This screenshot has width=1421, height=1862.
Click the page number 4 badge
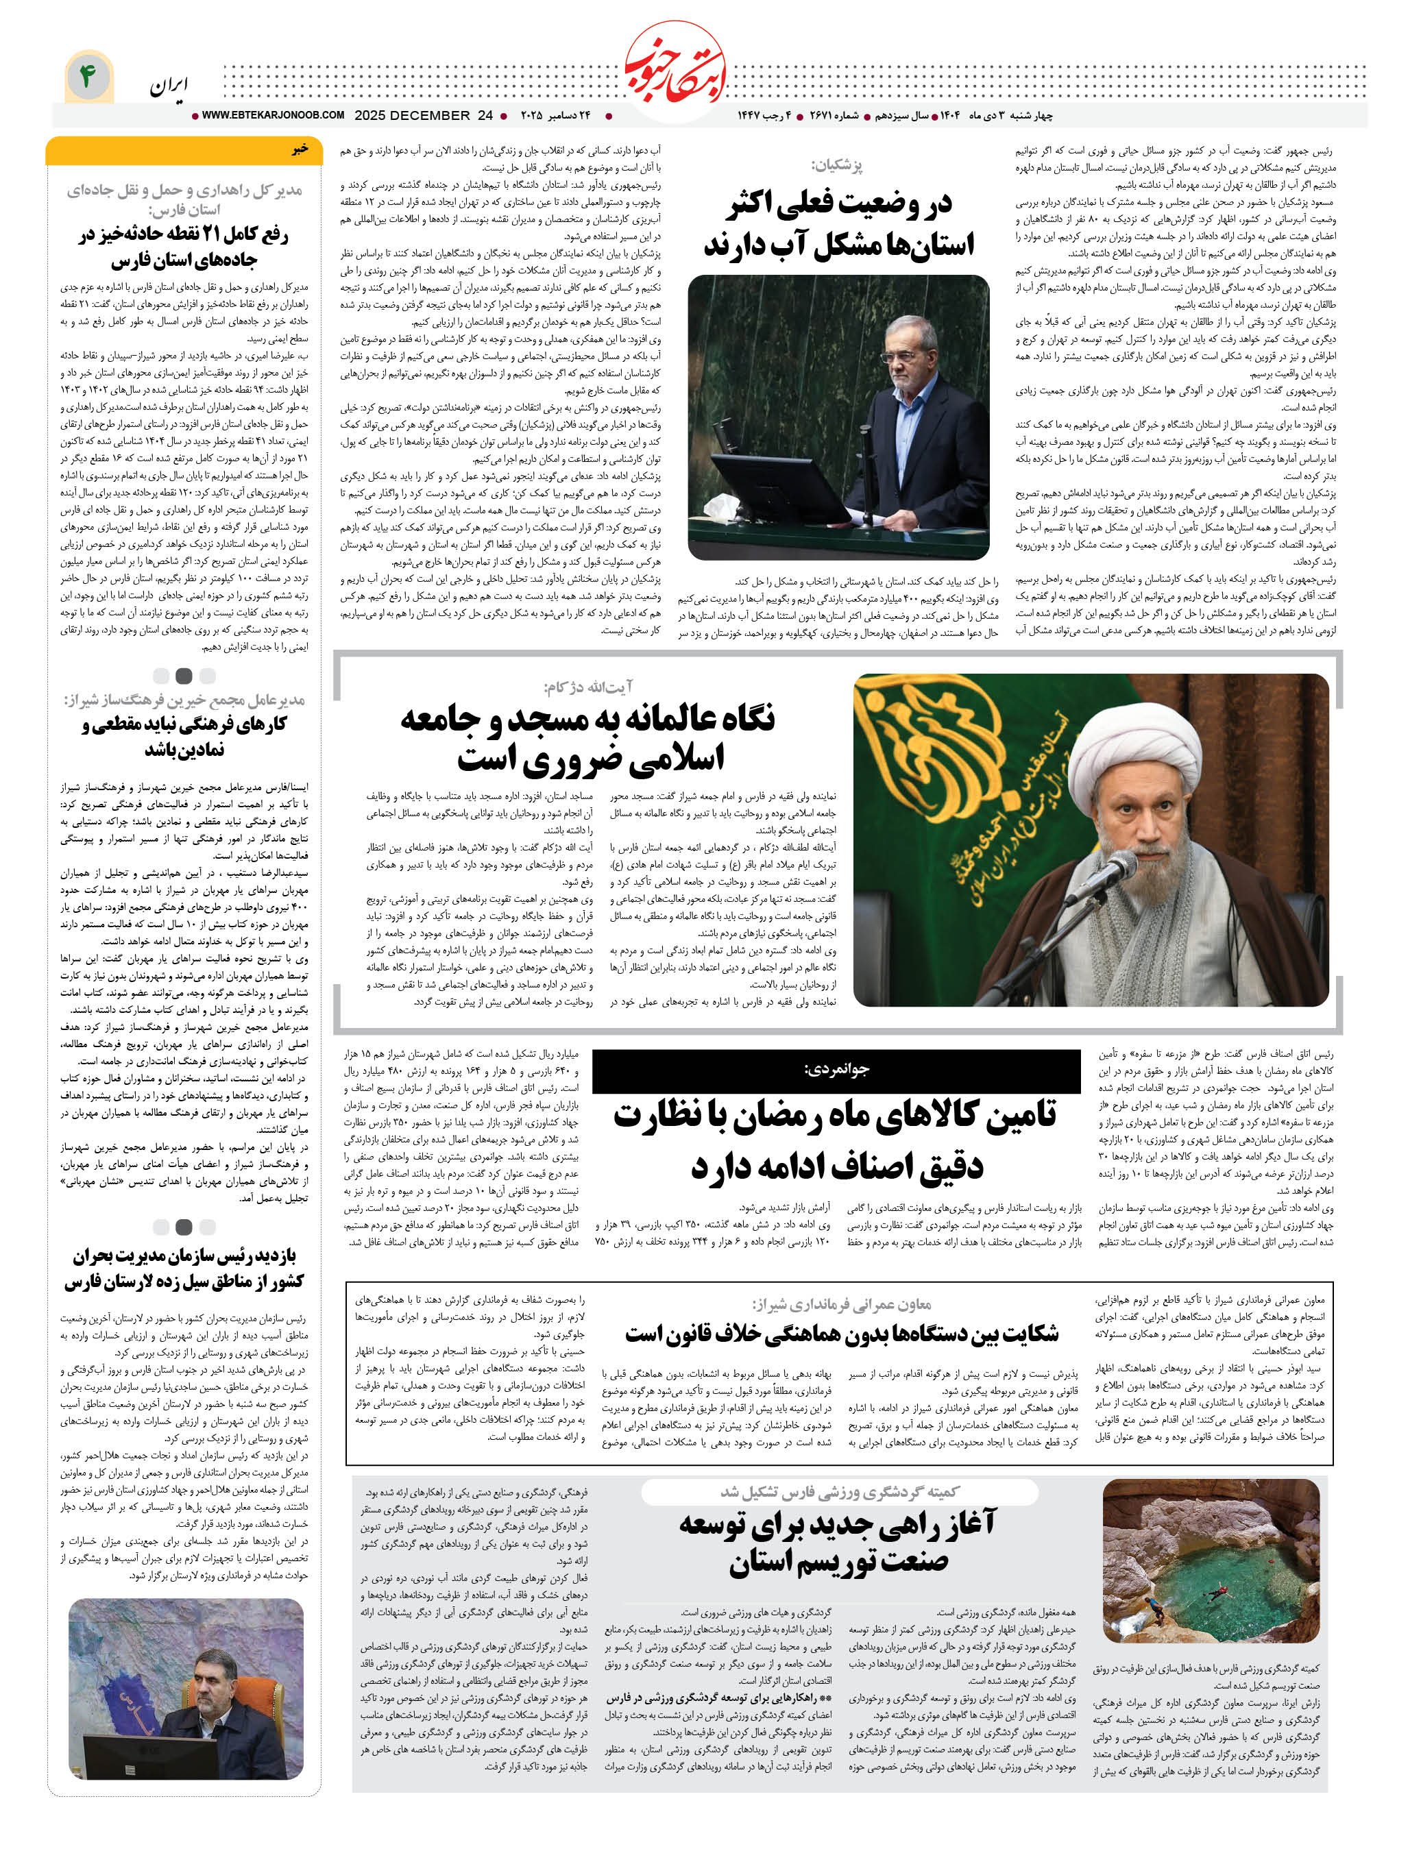tap(88, 77)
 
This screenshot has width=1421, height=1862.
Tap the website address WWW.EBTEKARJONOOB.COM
tap(272, 115)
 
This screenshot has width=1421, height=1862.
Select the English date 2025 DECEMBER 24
tap(423, 115)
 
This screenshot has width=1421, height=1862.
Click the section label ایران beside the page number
tap(169, 86)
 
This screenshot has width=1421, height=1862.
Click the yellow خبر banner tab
tap(184, 149)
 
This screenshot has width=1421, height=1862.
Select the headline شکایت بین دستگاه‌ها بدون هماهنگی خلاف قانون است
tap(842, 1334)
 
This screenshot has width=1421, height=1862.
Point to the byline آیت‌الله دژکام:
tap(589, 687)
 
